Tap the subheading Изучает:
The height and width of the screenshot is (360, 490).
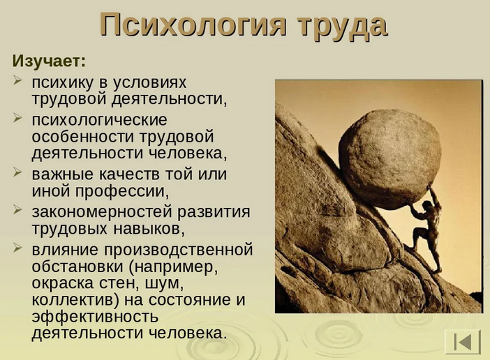[49, 61]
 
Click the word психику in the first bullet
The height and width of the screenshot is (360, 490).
[63, 83]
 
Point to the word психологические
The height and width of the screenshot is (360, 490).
[99, 121]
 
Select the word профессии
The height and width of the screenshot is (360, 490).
[122, 191]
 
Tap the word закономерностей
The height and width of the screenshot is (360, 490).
[102, 211]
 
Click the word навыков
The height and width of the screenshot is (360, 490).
[149, 229]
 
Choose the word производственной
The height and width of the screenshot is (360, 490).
[179, 250]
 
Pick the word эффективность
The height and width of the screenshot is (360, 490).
[96, 317]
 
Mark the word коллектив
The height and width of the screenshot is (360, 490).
[76, 300]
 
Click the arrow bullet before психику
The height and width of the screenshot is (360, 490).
[17, 80]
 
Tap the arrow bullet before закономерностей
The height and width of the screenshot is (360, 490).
[17, 210]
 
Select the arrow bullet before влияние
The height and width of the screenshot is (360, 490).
[17, 248]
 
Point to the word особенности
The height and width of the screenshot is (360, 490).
[83, 137]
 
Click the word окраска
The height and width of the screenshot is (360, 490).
[63, 283]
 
